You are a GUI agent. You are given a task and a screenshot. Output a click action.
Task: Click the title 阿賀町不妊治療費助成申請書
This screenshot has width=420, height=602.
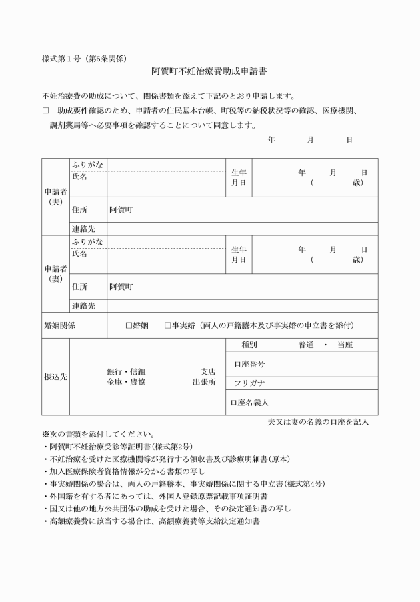pyautogui.click(x=209, y=70)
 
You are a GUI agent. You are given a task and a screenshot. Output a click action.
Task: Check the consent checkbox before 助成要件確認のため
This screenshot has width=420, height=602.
pyautogui.click(x=45, y=110)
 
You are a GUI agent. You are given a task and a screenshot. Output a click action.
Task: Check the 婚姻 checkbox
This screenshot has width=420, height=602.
pyautogui.click(x=129, y=325)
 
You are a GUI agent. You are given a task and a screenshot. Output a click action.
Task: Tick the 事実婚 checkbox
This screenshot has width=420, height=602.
pyautogui.click(x=168, y=325)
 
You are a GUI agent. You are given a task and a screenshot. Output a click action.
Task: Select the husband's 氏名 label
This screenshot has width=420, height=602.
pyautogui.click(x=79, y=177)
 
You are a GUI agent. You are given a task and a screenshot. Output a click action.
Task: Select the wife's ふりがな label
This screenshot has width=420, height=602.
pyautogui.click(x=87, y=241)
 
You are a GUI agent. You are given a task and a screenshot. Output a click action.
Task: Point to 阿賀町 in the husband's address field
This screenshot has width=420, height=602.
pyautogui.click(x=121, y=210)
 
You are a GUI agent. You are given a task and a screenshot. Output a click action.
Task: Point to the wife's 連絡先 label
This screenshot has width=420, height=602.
pyautogui.click(x=83, y=305)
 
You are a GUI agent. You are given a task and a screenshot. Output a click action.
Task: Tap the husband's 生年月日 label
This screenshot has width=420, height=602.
pyautogui.click(x=239, y=177)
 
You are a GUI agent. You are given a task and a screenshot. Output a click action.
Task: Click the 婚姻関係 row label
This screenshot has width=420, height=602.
pyautogui.click(x=59, y=325)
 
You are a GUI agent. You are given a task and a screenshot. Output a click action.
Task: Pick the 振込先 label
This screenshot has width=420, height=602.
pyautogui.click(x=55, y=377)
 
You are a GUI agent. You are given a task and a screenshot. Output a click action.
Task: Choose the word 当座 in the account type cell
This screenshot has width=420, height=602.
pyautogui.click(x=345, y=345)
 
